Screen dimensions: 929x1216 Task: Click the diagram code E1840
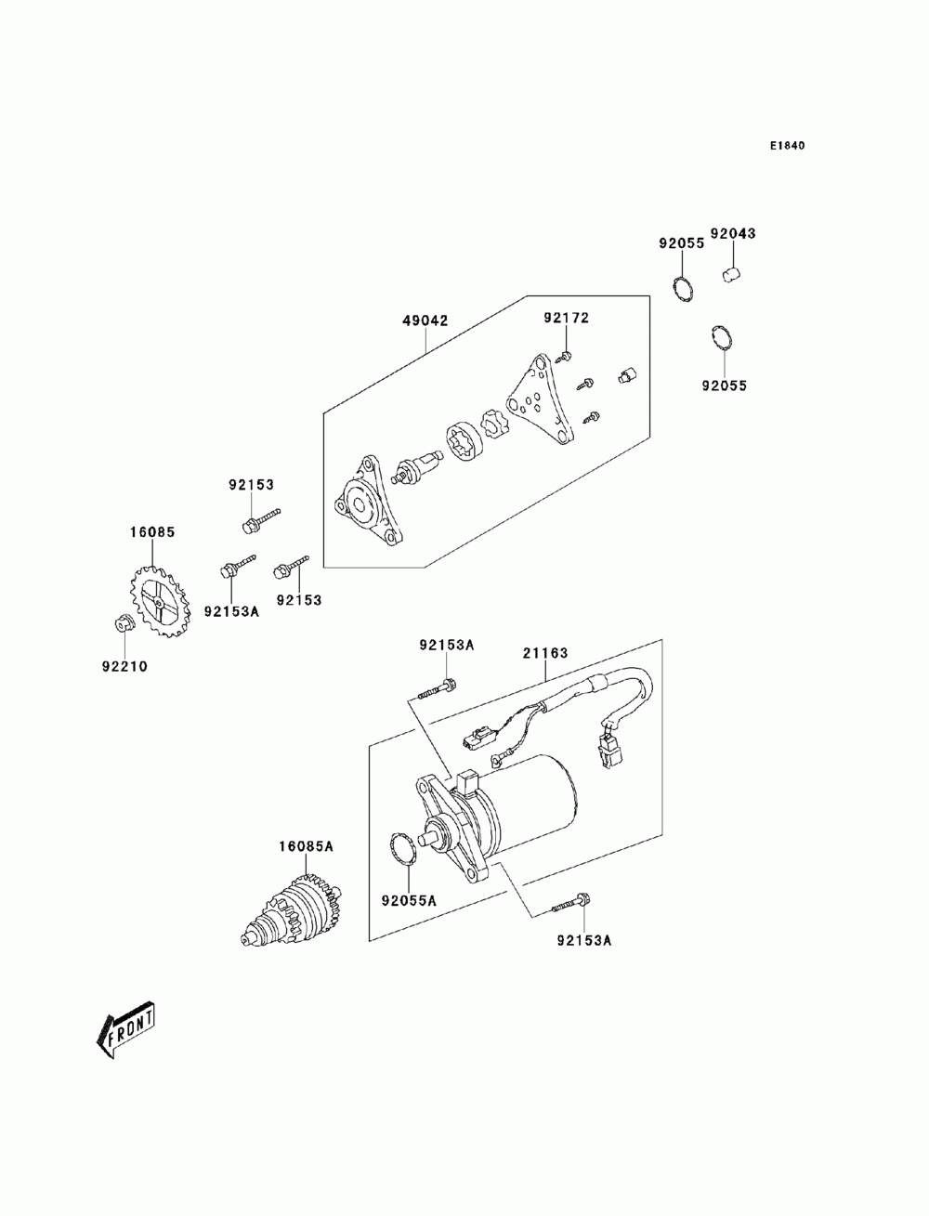(x=787, y=146)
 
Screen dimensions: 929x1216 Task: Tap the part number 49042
(x=425, y=320)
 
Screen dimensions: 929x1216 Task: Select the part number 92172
(x=566, y=318)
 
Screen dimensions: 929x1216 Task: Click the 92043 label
(x=733, y=234)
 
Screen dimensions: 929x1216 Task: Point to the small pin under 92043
(x=732, y=274)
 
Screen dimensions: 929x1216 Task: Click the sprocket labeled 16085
(x=160, y=600)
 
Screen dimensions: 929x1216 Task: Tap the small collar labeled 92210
(x=122, y=622)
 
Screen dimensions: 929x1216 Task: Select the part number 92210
(x=124, y=667)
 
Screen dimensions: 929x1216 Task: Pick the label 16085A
(x=306, y=846)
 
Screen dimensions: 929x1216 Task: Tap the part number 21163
(x=545, y=654)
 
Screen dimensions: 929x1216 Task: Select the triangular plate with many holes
(x=540, y=400)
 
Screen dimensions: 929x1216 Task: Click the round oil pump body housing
(x=367, y=503)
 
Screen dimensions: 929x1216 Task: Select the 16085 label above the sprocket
(x=152, y=532)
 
